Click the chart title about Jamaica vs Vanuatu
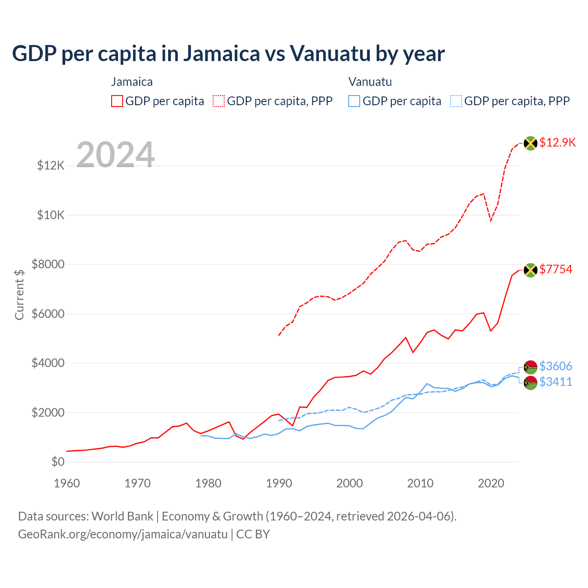(x=228, y=54)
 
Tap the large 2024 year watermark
(x=115, y=154)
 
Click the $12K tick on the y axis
(x=51, y=165)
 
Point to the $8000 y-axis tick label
(x=48, y=264)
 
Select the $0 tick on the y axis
(x=57, y=462)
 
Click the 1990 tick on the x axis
(x=279, y=483)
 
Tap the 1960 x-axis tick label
(x=67, y=483)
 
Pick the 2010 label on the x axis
(x=420, y=483)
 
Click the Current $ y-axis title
(x=19, y=294)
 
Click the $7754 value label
(x=556, y=269)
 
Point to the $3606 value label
(x=556, y=366)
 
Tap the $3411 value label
(x=556, y=382)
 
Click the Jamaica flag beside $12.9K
(x=531, y=143)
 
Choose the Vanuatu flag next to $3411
(x=531, y=383)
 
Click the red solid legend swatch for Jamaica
(x=117, y=101)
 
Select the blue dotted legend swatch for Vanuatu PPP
(x=456, y=101)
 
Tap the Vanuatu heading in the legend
(x=370, y=82)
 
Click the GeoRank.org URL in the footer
(x=123, y=534)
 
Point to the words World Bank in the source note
(x=122, y=516)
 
